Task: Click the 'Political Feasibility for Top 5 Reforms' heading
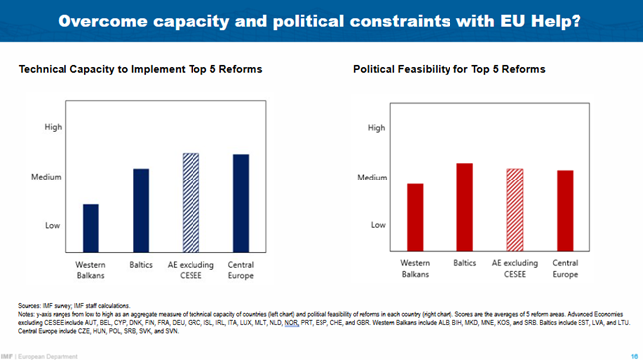coord(449,70)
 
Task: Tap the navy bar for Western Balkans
coord(90,227)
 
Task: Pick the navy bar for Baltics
coord(141,209)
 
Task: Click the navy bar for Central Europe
coord(240,202)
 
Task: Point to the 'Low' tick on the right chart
coord(378,225)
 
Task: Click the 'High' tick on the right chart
coord(377,128)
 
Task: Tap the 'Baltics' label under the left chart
coord(141,265)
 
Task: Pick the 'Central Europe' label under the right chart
coord(565,269)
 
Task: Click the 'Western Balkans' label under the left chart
coord(90,270)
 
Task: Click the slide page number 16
coord(634,354)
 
